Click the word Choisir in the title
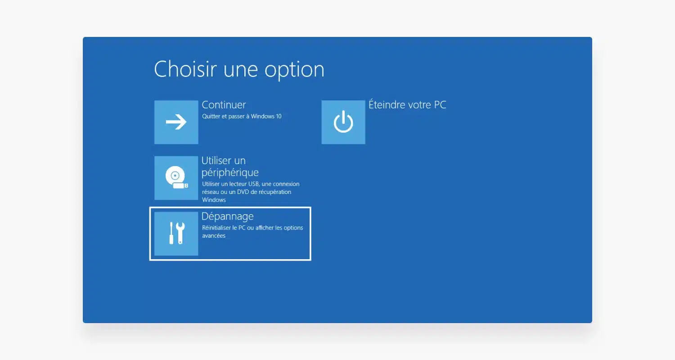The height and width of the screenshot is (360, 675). coord(185,69)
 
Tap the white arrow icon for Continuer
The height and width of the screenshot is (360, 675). coord(176,122)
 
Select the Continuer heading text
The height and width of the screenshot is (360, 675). coord(224,105)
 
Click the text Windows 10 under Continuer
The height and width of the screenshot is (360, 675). coord(266,116)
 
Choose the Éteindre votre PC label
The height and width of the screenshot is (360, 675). coord(407,104)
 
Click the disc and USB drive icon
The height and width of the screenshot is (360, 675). coord(176,177)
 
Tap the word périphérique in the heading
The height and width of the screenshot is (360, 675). coord(230,173)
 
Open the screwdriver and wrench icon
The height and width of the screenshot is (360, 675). coord(177,233)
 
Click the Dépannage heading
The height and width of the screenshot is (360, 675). coord(228,216)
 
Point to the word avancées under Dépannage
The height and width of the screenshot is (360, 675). coord(214,236)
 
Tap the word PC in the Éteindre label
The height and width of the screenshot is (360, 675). coord(440,104)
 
